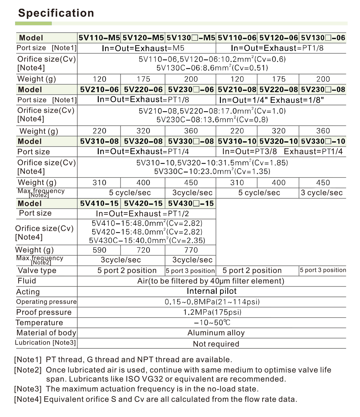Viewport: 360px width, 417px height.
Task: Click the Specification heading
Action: (x=56, y=13)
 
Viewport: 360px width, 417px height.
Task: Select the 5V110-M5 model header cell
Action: (x=99, y=38)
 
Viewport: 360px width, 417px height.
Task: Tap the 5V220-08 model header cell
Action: (x=279, y=90)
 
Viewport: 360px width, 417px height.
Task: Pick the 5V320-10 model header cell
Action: (x=279, y=141)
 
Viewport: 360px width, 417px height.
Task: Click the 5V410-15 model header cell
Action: (x=99, y=203)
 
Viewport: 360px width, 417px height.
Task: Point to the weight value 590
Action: (x=99, y=250)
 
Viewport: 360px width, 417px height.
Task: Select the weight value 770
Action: (x=191, y=250)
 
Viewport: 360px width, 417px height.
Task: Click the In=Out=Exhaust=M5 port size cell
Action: (x=143, y=48)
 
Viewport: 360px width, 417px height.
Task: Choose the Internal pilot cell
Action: (x=212, y=291)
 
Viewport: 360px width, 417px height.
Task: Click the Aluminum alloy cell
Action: (x=216, y=333)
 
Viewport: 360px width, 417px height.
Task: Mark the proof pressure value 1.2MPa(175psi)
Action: (x=212, y=312)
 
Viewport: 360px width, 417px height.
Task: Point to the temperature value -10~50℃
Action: (x=212, y=323)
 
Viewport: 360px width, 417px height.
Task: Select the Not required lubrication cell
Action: (x=216, y=344)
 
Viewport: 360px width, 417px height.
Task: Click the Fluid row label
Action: (x=27, y=281)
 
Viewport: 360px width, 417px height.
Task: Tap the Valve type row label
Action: (x=37, y=270)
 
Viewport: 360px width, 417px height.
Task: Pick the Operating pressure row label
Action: (x=46, y=302)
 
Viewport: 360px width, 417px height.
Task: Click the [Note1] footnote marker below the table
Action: (x=28, y=360)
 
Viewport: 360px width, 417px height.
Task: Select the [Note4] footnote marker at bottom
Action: (x=28, y=399)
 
